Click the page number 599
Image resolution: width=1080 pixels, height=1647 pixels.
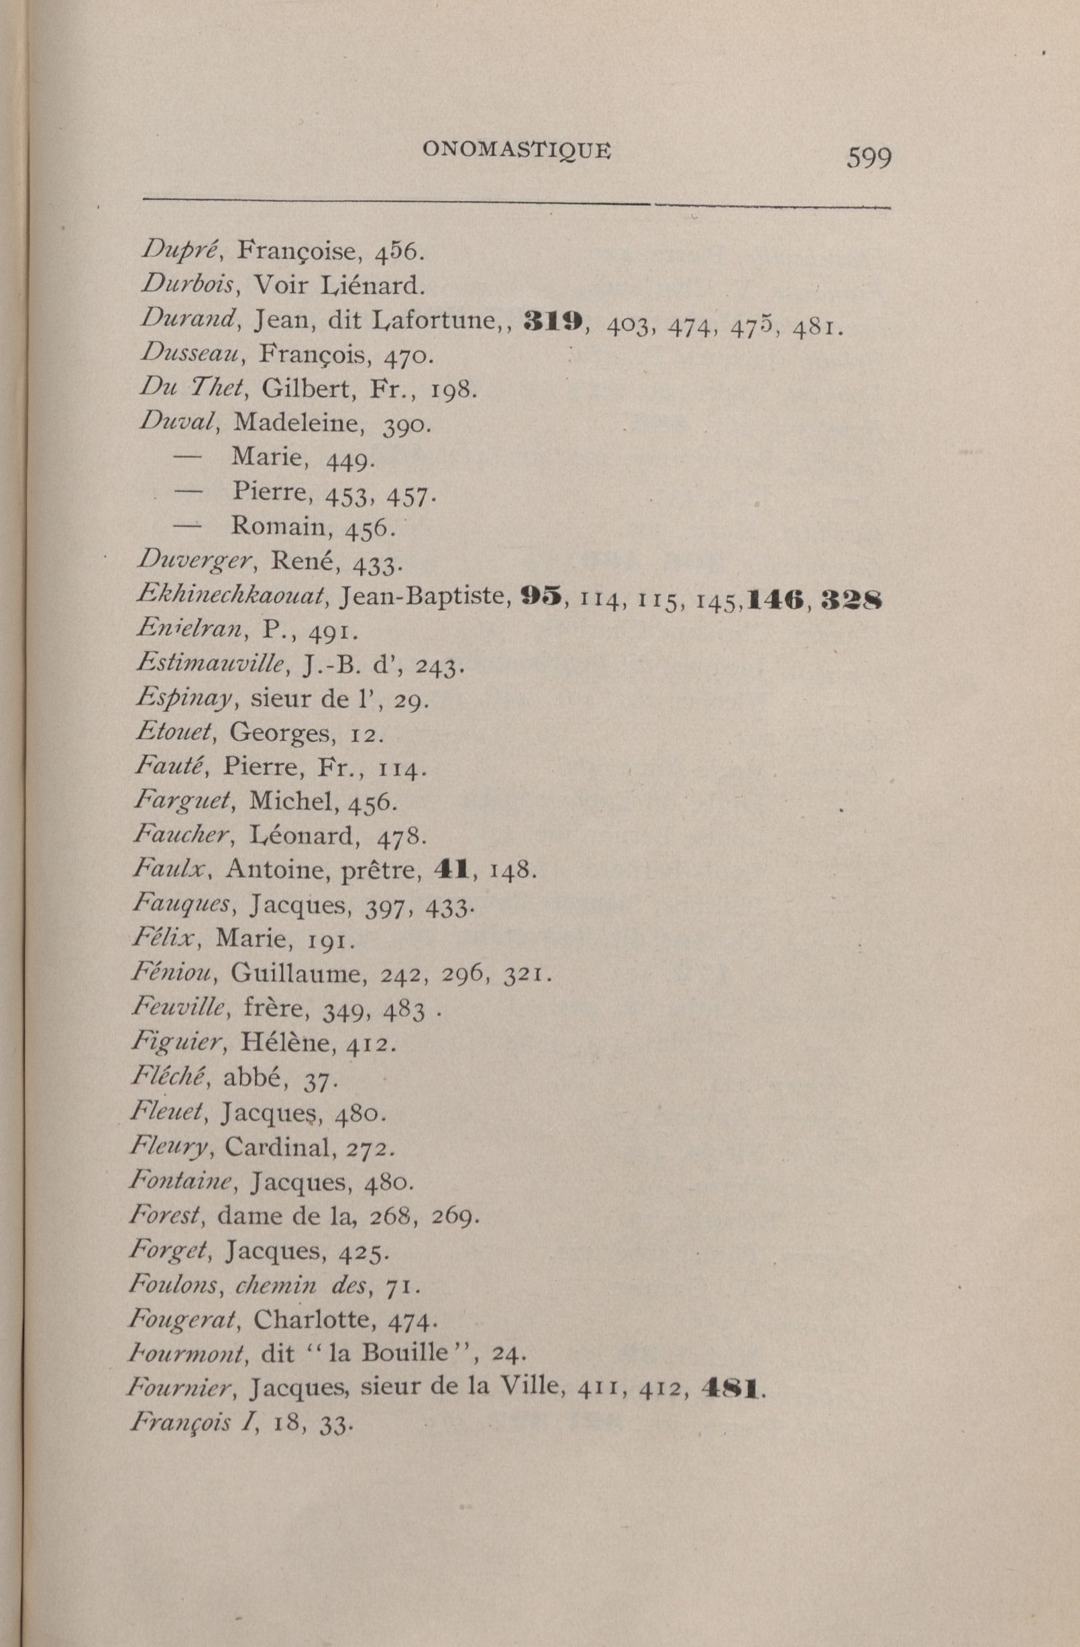click(869, 158)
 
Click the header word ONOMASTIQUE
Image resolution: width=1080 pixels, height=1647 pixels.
click(517, 150)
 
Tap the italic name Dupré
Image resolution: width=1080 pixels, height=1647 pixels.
click(180, 249)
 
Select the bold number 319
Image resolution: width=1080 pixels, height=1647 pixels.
click(555, 320)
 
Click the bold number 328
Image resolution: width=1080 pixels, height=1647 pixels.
click(852, 598)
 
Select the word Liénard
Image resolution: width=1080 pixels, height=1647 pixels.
click(370, 285)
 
